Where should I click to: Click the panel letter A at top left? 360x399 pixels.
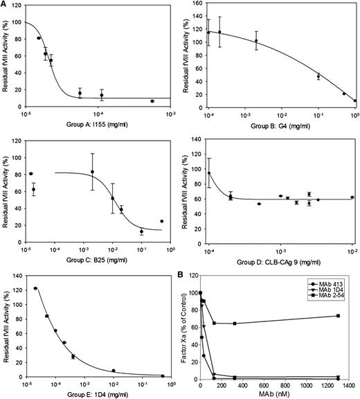(5, 6)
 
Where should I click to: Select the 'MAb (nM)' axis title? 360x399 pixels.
(277, 393)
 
